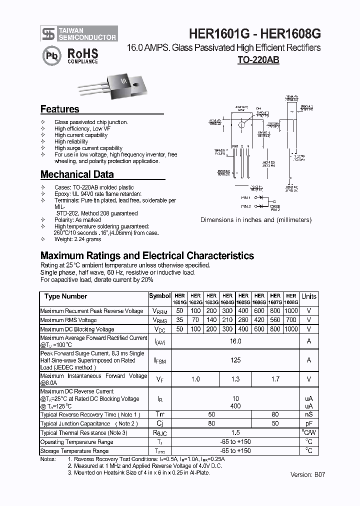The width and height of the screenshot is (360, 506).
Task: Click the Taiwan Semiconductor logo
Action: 79,33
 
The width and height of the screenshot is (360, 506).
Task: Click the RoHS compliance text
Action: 82,55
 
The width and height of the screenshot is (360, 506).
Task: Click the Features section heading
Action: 59,109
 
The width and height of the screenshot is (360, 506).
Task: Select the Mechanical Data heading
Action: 76,174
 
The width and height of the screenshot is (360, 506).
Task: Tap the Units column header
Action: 308,296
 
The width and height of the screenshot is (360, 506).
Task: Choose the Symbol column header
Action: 159,296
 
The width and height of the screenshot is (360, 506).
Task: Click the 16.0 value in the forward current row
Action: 235,341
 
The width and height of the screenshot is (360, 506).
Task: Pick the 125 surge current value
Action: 235,360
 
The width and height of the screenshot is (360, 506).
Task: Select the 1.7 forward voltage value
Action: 275,379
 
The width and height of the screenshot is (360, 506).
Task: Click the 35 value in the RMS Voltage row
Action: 180,320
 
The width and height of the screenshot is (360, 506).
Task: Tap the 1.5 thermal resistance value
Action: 235,432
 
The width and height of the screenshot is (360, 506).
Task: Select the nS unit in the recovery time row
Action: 308,414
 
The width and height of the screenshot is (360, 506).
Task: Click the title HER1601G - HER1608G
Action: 254,33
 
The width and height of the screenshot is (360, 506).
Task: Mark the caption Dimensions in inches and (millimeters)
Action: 255,219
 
